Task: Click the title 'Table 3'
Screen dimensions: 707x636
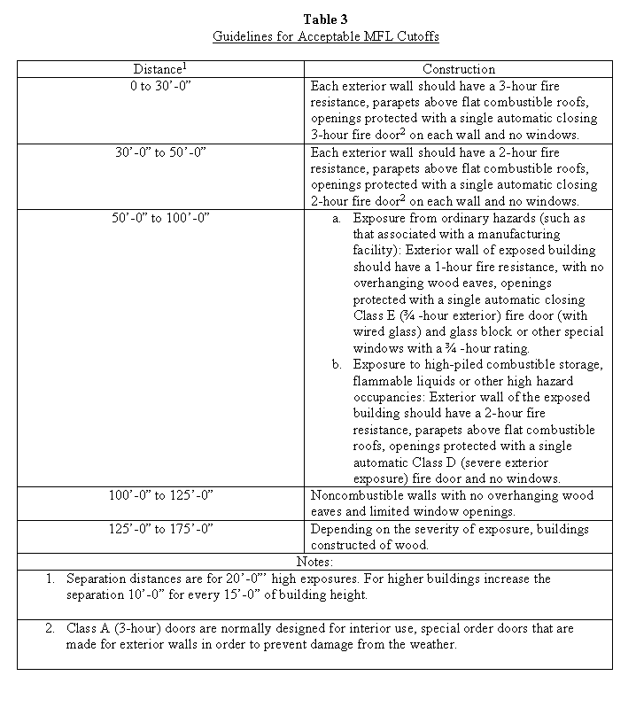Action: (325, 19)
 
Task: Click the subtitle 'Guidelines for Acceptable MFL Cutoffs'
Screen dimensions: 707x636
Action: (325, 37)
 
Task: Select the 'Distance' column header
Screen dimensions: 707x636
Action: (160, 68)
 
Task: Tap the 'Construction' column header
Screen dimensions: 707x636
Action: (458, 69)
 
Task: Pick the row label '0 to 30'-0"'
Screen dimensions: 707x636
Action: (160, 86)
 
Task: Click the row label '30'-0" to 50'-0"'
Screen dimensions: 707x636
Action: (160, 152)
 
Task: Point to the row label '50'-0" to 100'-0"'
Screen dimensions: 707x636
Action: (160, 218)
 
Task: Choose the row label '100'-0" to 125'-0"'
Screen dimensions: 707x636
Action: (160, 495)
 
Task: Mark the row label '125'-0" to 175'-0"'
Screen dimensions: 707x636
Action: (160, 529)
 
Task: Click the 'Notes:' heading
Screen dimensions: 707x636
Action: (314, 562)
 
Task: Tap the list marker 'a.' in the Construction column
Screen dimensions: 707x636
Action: (337, 218)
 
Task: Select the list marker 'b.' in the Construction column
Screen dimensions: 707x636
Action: (337, 364)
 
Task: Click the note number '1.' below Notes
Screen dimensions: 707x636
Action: (50, 579)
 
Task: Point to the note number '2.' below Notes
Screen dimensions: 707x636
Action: (50, 628)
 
